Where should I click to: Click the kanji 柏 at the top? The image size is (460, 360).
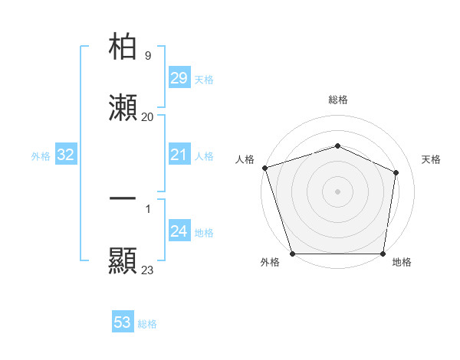click(123, 47)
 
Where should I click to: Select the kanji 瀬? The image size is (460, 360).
click(123, 108)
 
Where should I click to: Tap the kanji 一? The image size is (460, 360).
click(123, 198)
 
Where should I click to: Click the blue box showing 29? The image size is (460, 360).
click(179, 78)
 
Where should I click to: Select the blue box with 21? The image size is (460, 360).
click(179, 155)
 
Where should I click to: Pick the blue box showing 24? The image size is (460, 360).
click(179, 232)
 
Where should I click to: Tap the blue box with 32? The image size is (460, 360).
click(66, 155)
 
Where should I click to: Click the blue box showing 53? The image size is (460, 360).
click(123, 322)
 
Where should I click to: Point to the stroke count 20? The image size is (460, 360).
click(147, 116)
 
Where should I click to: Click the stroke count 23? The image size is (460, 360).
click(147, 270)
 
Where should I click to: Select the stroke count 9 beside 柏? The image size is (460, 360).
click(147, 55)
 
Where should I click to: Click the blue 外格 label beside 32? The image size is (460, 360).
click(41, 156)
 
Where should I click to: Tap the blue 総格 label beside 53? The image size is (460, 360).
click(147, 324)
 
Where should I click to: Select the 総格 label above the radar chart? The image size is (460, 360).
click(337, 100)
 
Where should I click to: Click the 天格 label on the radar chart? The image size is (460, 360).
click(432, 159)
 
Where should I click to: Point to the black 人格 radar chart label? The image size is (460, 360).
click(245, 159)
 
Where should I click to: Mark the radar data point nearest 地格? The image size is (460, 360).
click(383, 254)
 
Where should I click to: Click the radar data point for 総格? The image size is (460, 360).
click(337, 146)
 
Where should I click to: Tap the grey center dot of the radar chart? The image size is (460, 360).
click(337, 191)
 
